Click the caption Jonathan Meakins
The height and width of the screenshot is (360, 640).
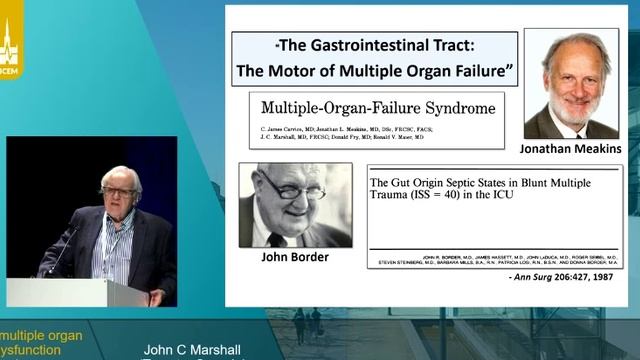571,148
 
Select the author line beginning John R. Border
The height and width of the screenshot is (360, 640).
494,255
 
